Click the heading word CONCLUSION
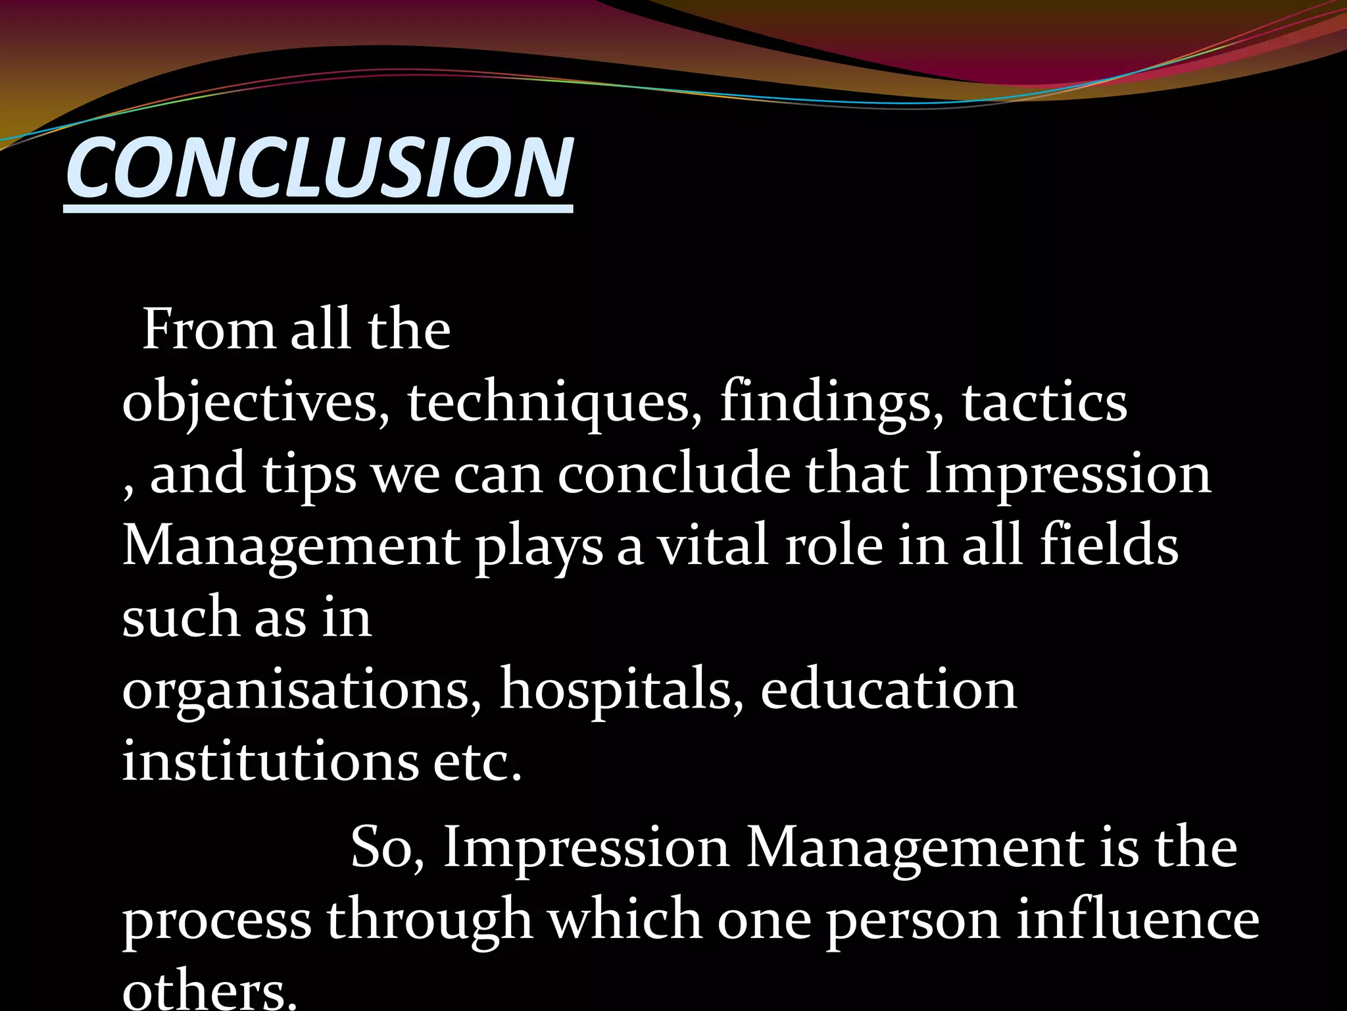coord(319,168)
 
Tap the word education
coord(888,690)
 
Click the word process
coord(217,921)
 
